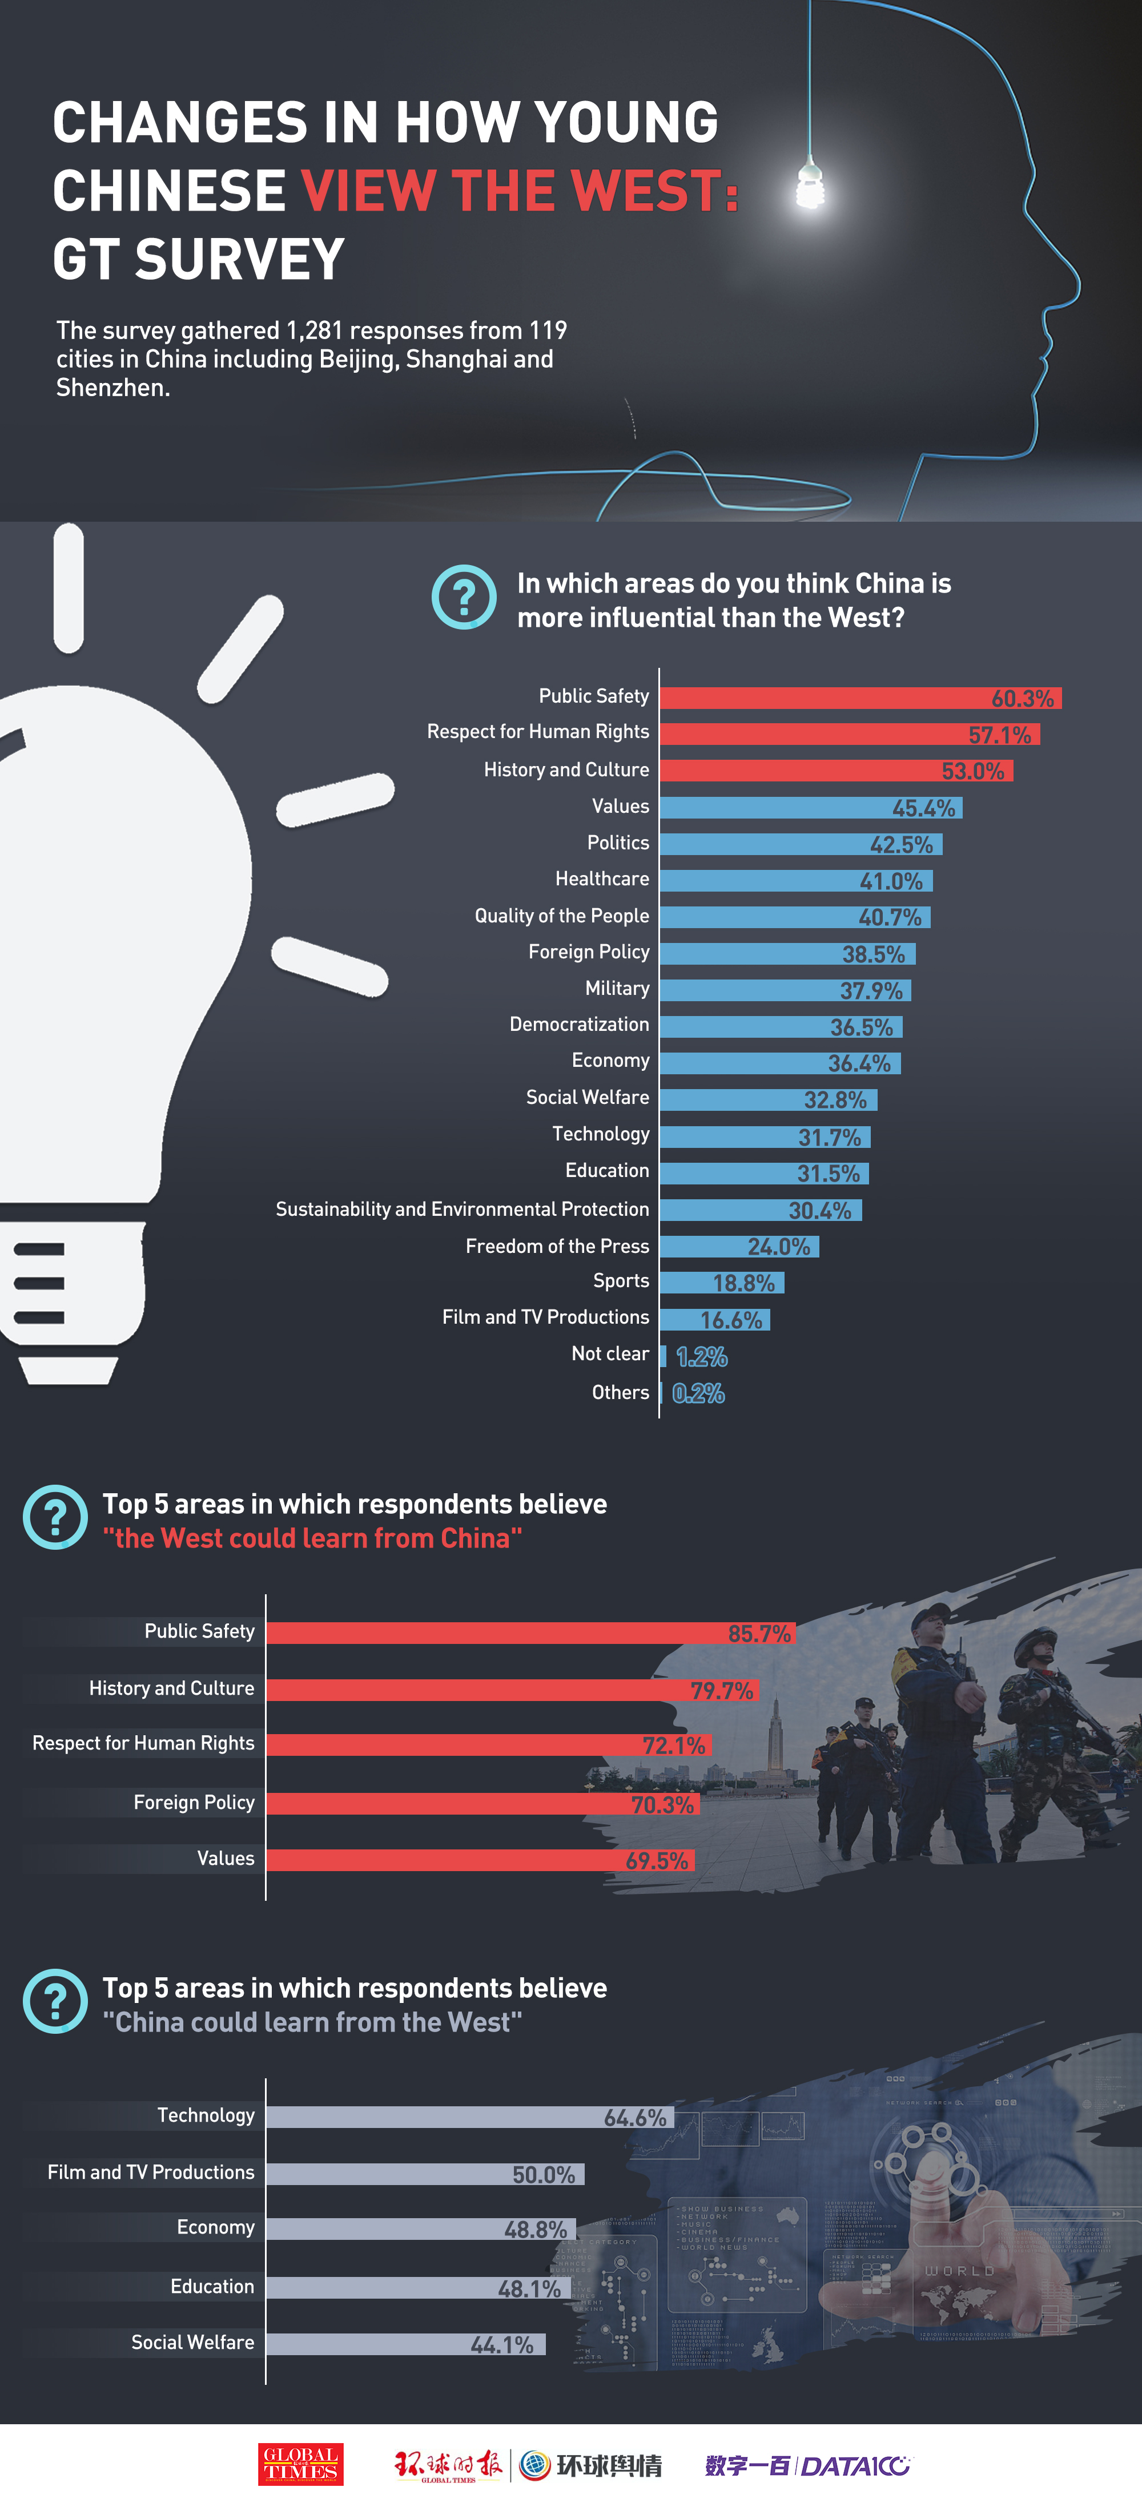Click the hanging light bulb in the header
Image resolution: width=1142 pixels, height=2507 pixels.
[810, 185]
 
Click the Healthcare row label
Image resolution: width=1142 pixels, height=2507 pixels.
[602, 879]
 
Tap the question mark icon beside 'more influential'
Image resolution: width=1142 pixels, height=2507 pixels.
[464, 596]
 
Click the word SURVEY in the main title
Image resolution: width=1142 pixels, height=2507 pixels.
[239, 260]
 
